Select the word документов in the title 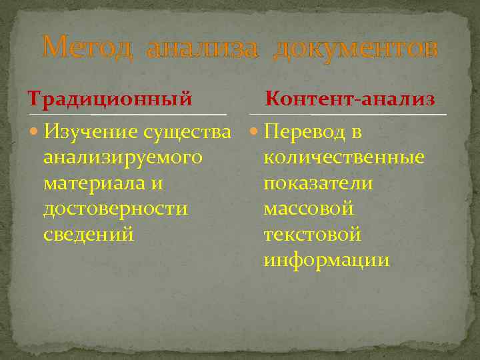click(x=356, y=48)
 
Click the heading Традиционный click(x=110, y=99)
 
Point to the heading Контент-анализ click(x=350, y=99)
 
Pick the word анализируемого click(x=123, y=158)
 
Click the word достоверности click(x=115, y=209)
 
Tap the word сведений click(x=88, y=234)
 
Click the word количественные click(x=344, y=158)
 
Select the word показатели click(x=318, y=183)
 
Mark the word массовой click(x=309, y=209)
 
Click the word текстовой click(x=312, y=234)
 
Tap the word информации click(x=327, y=259)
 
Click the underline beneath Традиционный click(x=127, y=115)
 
